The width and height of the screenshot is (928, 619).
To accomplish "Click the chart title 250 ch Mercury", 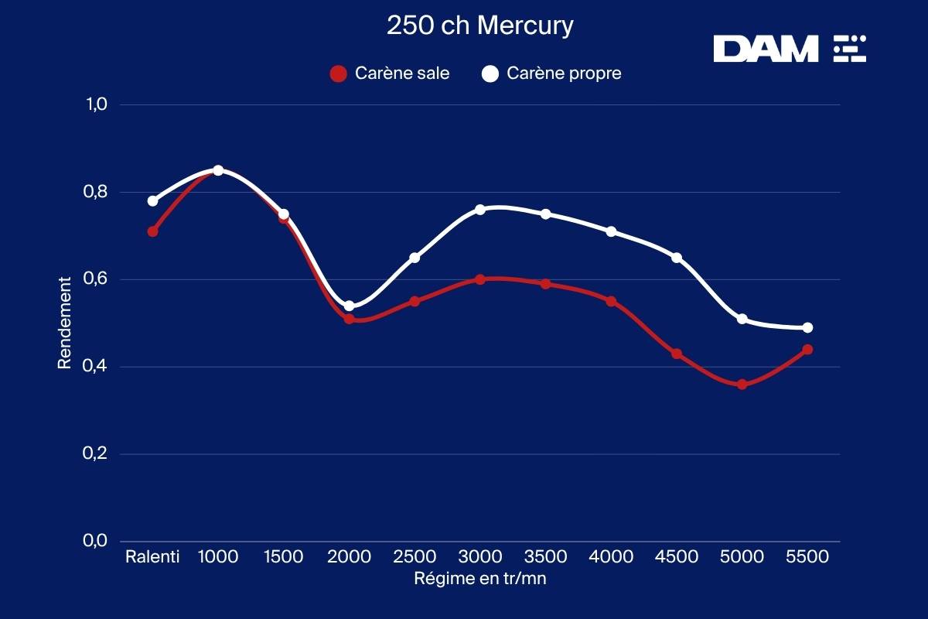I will (480, 26).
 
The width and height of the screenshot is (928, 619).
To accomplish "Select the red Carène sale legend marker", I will (338, 74).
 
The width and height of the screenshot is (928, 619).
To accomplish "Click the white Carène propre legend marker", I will (490, 74).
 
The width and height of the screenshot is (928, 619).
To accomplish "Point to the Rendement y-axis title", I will (65, 322).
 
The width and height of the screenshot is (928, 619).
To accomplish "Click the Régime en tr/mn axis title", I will (480, 578).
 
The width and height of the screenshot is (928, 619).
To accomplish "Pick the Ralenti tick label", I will (152, 557).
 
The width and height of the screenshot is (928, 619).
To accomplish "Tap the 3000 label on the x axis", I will (480, 557).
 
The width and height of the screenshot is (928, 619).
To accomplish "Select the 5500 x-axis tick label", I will (807, 557).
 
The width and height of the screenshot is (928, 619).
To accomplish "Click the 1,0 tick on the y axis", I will (96, 104).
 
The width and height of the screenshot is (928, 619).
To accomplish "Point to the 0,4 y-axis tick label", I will (96, 367).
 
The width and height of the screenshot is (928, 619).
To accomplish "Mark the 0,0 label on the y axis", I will (96, 541).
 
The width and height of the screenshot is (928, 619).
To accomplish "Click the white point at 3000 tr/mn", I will (480, 210).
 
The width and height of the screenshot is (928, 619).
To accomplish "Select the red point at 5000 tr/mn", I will (742, 385).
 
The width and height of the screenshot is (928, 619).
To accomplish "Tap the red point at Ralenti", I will (153, 231).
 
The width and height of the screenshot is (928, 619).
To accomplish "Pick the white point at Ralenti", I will (153, 201).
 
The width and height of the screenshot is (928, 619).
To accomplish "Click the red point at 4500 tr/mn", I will (677, 354).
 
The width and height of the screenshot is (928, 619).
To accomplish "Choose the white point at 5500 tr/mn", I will (807, 327).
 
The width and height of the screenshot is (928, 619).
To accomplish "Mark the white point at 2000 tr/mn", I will (350, 306).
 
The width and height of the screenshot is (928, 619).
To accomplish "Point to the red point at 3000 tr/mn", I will (480, 279).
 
